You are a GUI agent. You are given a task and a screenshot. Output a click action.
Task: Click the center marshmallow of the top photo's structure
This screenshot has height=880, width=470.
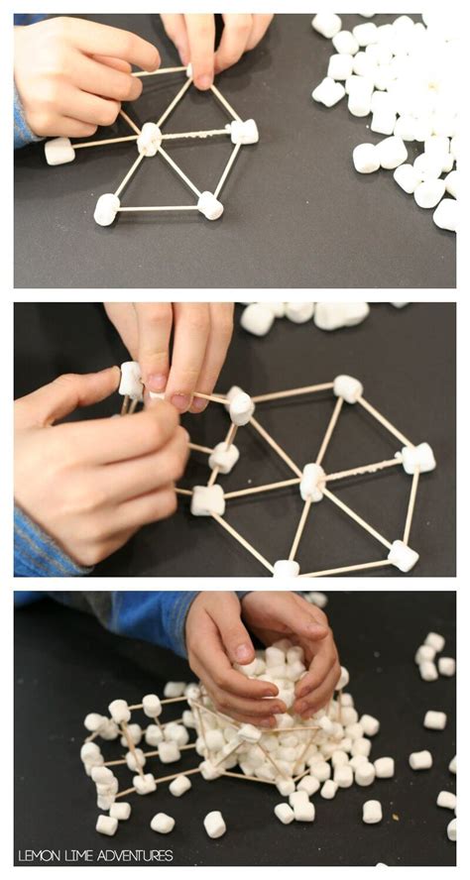point(149,139)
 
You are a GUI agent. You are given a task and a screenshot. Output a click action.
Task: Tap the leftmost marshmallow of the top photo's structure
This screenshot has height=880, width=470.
point(59,151)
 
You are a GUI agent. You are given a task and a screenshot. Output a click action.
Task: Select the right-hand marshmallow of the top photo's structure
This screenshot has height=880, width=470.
point(244,131)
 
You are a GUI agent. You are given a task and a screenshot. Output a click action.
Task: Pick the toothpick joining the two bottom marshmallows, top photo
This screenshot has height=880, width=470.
point(159,208)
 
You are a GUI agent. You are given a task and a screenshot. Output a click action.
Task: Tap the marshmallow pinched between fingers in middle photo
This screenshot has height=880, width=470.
point(130,380)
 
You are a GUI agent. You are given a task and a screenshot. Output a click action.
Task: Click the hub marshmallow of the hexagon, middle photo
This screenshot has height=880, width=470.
point(312,482)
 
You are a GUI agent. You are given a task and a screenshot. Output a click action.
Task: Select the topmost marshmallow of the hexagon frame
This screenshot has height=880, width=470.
point(347,388)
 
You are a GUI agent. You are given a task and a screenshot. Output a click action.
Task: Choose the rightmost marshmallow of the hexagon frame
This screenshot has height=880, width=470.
point(417,458)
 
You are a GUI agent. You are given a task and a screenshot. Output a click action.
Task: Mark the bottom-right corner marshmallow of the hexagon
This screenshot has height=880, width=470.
point(403,555)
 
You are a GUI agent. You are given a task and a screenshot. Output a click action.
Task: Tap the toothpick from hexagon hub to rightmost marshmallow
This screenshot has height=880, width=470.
point(364,470)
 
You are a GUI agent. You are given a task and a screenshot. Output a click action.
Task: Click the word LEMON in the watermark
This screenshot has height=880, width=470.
point(39,855)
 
